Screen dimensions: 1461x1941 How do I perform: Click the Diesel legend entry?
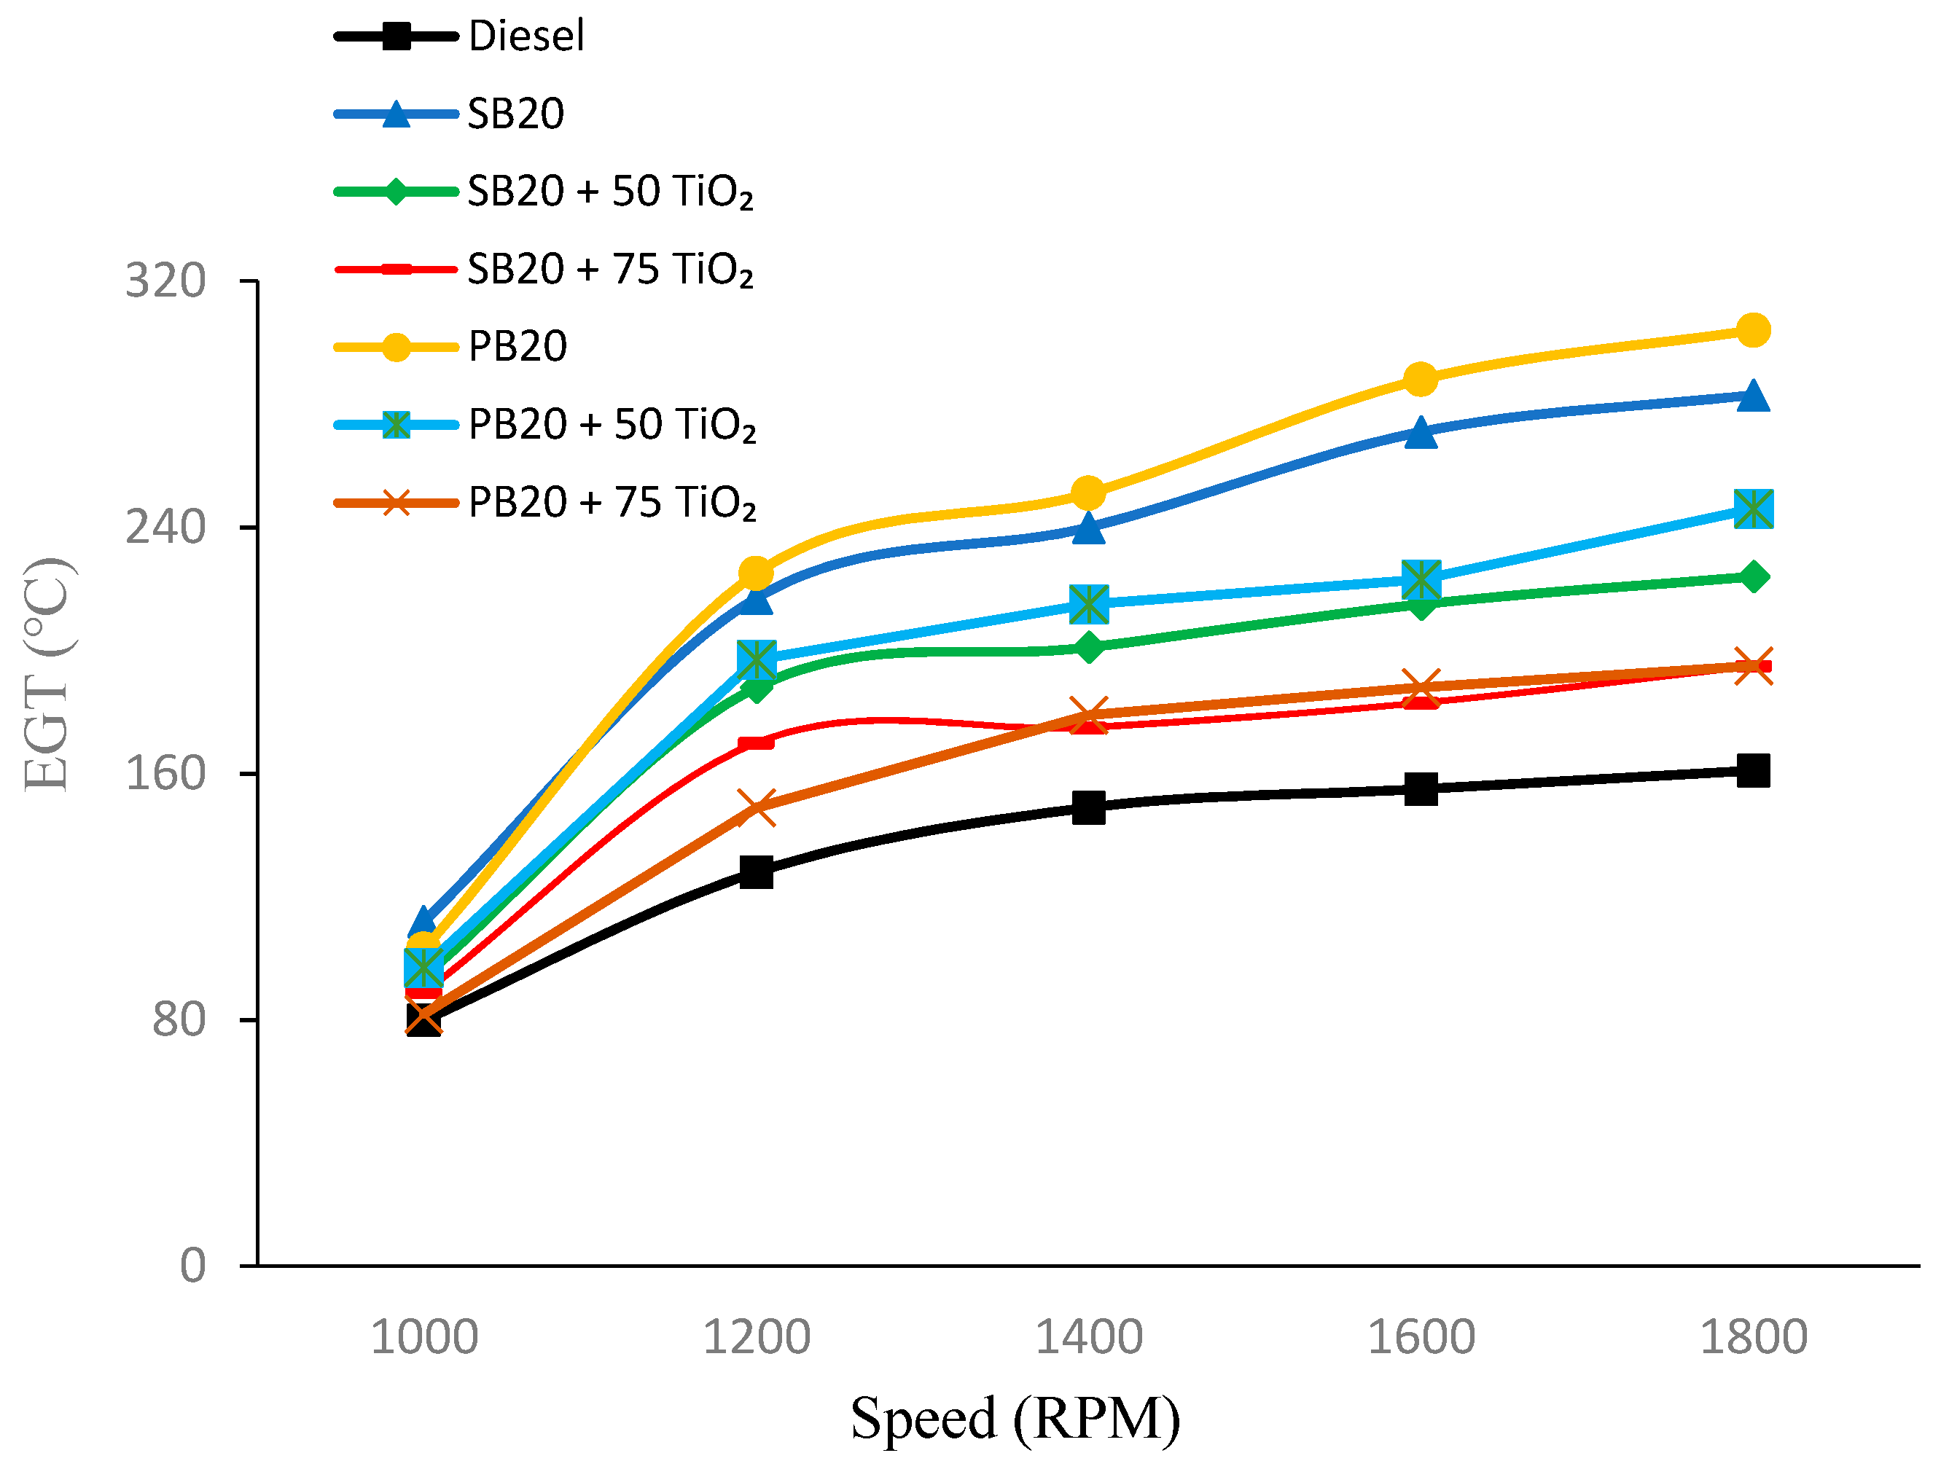[x=526, y=36]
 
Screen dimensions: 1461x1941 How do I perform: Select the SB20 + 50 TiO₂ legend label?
[x=610, y=192]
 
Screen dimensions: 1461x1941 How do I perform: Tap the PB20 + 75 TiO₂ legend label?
[x=612, y=502]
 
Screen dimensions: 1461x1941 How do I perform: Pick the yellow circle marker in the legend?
[x=397, y=347]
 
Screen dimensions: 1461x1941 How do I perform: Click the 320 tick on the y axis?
[x=165, y=281]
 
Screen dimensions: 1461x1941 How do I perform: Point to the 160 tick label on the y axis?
[x=165, y=773]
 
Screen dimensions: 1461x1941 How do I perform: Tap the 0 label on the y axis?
[x=193, y=1265]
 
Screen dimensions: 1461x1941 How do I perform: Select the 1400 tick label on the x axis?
[x=1088, y=1337]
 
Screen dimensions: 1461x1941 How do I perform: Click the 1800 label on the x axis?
[x=1753, y=1337]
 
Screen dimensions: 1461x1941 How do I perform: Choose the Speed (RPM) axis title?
[x=1015, y=1418]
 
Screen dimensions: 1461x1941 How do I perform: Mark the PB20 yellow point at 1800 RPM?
[x=1753, y=330]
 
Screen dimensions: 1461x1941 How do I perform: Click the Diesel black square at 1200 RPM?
[x=756, y=871]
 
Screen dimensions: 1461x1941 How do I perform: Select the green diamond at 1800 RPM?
[x=1753, y=576]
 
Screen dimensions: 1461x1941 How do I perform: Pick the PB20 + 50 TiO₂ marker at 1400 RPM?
[x=1088, y=603]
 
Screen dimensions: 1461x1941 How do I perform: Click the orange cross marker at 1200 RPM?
[x=756, y=807]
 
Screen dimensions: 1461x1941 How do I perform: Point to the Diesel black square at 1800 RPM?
[x=1753, y=770]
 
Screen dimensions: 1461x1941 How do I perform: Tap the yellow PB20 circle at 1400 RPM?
[x=1088, y=493]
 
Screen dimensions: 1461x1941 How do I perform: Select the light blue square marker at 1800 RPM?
[x=1753, y=508]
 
